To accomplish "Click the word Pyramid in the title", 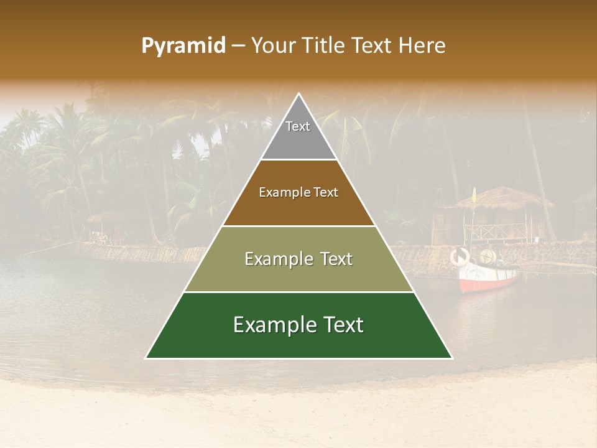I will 183,46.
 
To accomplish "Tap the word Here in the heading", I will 422,46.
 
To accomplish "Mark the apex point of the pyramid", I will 299,94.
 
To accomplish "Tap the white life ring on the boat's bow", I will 460,256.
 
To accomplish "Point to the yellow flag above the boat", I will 474,196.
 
